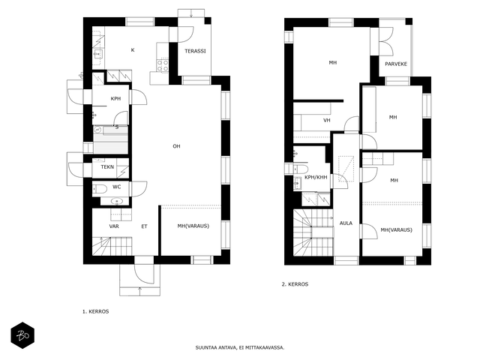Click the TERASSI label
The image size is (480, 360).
coord(195,51)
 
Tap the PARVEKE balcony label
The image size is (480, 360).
coord(396,64)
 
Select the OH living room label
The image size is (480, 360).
coord(176,146)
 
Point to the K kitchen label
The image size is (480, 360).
coord(133,50)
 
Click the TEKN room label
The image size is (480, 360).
coord(107,166)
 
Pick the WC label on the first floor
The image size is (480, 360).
coord(117,187)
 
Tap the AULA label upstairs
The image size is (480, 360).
coord(346,223)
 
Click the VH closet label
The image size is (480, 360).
coord(327,120)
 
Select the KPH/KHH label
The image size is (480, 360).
coord(316,177)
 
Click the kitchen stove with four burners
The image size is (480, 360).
coord(163,65)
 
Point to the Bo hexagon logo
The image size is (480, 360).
coord(22,335)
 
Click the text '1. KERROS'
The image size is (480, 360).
coord(95,312)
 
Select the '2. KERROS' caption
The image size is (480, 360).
coord(295,284)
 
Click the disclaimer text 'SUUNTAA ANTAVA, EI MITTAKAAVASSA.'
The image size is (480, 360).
coord(240,348)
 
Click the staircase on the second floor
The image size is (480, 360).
coord(313,232)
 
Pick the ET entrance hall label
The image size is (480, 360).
coord(144,226)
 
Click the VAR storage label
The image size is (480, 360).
coord(114,226)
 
